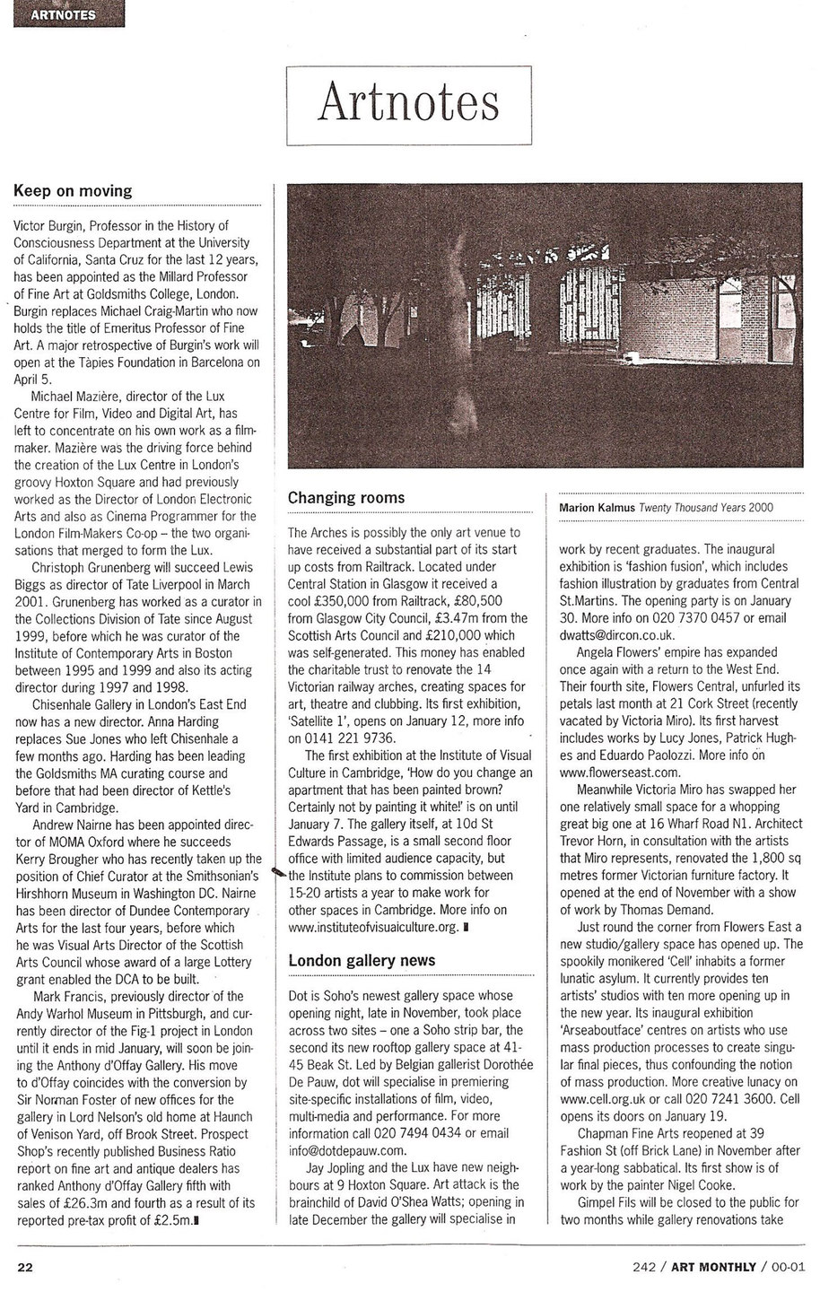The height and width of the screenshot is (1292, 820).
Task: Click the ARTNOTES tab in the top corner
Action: [63, 13]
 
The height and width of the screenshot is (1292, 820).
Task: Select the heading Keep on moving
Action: [73, 190]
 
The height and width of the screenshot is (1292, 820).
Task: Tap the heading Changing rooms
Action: [345, 498]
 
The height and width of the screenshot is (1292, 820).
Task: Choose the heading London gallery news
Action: [362, 960]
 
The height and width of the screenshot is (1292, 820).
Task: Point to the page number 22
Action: [25, 1266]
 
